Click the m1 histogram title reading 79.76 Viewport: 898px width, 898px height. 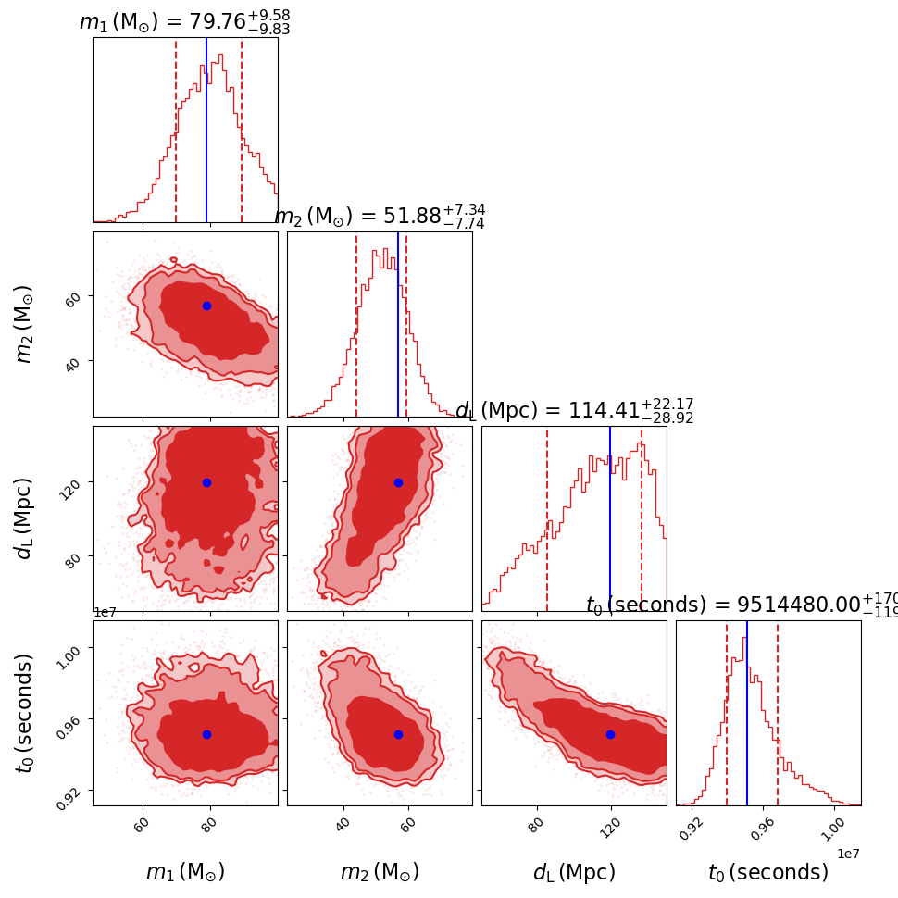pos(184,21)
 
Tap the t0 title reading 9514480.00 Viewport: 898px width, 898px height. pos(741,605)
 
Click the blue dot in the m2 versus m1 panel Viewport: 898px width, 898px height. pos(206,306)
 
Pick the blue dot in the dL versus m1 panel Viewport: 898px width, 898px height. pos(206,482)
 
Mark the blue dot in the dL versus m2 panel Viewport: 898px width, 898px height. pos(398,482)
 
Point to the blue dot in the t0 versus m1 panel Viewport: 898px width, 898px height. pos(206,734)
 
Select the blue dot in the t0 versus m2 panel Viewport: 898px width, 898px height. pos(398,734)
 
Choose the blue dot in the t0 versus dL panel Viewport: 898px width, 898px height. pos(610,734)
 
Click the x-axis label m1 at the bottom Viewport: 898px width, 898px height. pos(185,872)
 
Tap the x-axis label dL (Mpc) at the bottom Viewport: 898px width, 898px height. pos(574,872)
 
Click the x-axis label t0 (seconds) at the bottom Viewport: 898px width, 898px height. pos(768,872)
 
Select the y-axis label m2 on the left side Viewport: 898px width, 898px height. pos(25,324)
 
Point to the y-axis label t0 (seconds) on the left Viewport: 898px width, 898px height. pos(25,713)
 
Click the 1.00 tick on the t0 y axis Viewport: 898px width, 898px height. pos(75,649)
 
